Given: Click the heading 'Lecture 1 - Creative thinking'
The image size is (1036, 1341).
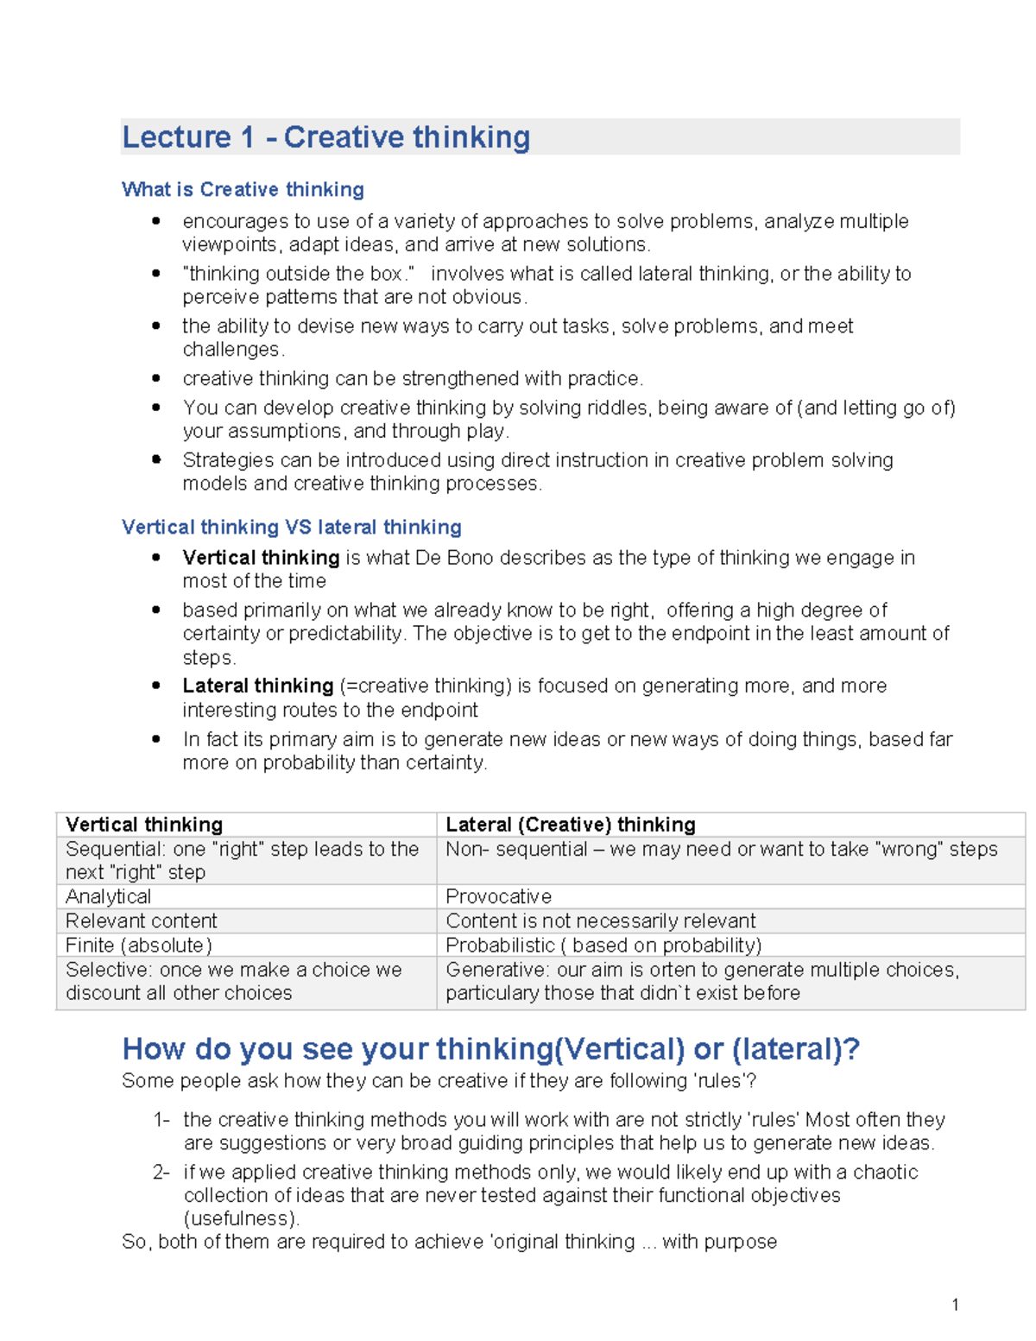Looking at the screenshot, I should tap(326, 137).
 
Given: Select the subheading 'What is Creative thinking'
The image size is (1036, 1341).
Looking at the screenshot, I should tap(243, 189).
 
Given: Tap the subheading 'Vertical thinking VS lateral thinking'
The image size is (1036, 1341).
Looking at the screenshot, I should tap(291, 527).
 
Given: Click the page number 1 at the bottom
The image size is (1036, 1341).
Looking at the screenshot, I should tap(955, 1304).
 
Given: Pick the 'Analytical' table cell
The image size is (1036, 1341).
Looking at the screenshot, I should tap(109, 896).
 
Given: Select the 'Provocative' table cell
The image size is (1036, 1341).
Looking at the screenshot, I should tap(498, 896).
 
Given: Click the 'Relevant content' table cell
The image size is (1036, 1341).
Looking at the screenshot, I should tap(142, 920).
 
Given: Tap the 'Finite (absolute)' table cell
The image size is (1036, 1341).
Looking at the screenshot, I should tap(139, 945).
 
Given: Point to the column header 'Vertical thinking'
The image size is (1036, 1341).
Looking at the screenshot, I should tap(144, 825).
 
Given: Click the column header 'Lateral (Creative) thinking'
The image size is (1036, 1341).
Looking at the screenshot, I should tap(571, 825).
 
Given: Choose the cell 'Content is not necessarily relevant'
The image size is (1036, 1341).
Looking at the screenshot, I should tap(600, 920).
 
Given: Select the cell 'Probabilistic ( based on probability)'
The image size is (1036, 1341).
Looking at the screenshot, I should tap(603, 945).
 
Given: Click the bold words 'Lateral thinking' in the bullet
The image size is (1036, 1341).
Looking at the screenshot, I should tap(257, 686).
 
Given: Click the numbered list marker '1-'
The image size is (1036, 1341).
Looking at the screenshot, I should tap(161, 1120).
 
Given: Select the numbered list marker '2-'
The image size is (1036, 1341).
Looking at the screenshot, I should tap(161, 1172).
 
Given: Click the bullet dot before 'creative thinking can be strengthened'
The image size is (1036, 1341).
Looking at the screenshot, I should tap(156, 378).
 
